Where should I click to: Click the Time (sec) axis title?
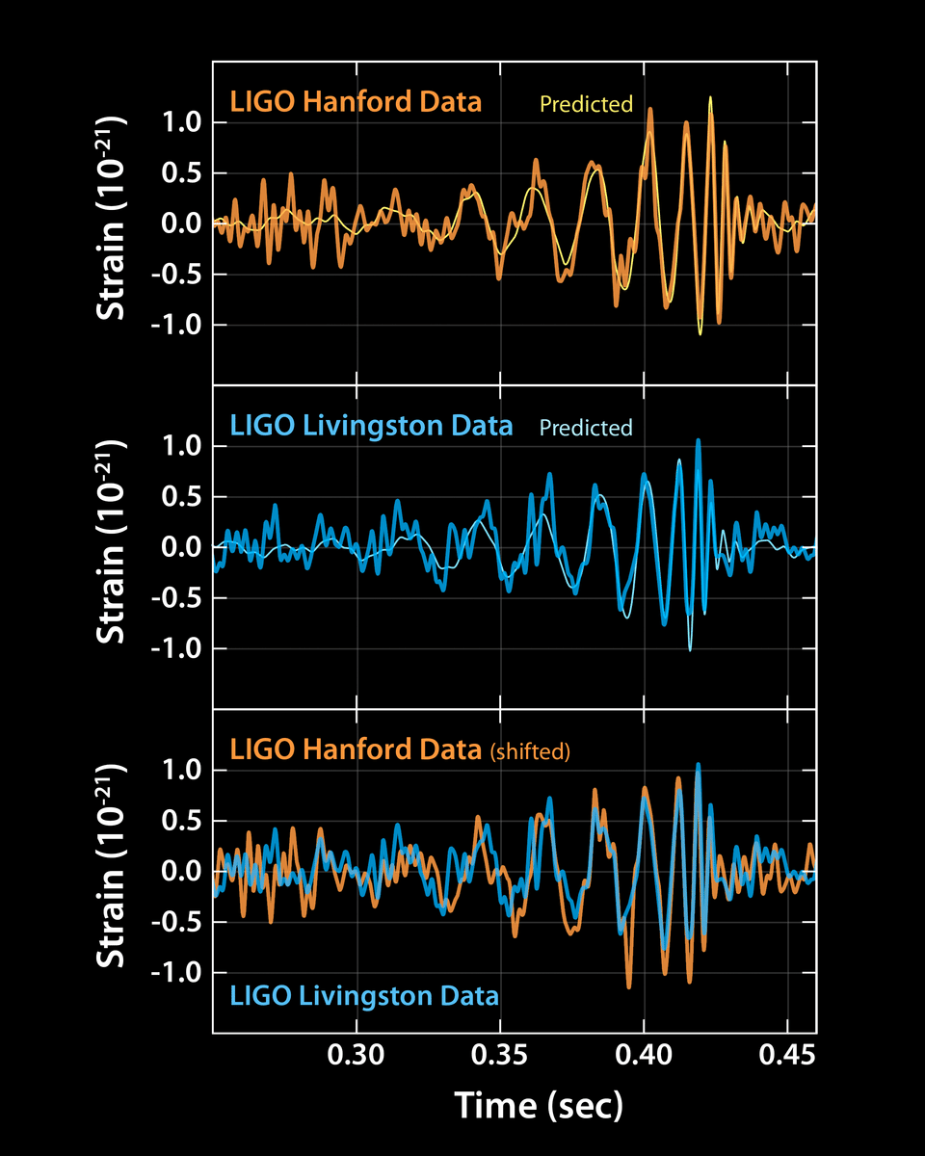(539, 1105)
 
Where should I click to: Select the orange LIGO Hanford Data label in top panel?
(355, 102)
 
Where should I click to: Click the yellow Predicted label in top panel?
(586, 104)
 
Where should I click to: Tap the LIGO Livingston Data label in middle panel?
(370, 426)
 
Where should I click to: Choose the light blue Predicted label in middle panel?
(586, 428)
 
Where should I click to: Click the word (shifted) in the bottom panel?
(530, 752)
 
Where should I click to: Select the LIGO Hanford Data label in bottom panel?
(355, 749)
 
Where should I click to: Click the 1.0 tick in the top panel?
(181, 123)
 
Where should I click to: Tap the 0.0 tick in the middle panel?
(181, 548)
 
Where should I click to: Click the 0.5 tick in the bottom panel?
(181, 822)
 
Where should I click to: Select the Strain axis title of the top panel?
(114, 223)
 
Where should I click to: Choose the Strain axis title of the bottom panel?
(114, 872)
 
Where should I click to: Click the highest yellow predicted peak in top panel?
(711, 98)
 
